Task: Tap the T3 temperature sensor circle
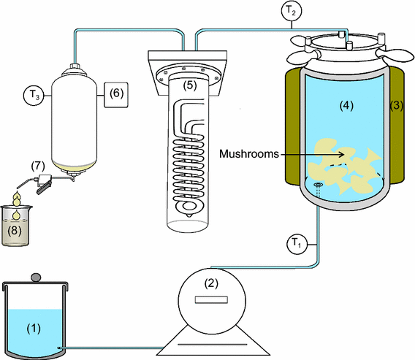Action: point(32,94)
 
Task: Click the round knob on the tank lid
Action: point(37,277)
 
